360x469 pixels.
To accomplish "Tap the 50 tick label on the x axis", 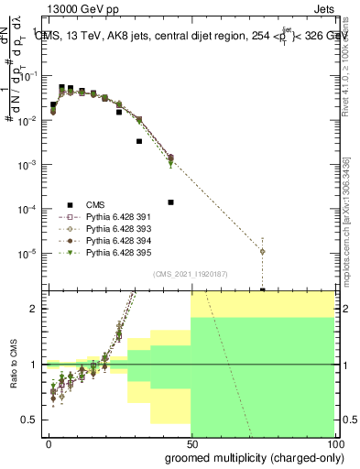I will (191, 443).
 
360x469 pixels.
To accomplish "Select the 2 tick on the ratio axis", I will (36, 309).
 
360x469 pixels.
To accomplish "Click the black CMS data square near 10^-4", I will (170, 202).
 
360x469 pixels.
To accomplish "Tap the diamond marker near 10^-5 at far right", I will (262, 251).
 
